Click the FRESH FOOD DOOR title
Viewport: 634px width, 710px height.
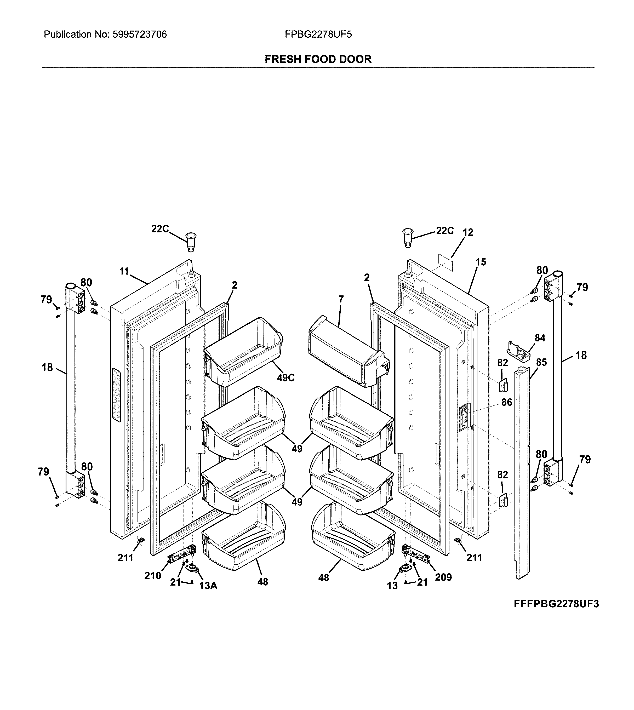(318, 59)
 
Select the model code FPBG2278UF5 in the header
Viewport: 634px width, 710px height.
(318, 35)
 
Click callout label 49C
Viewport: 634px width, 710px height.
(286, 378)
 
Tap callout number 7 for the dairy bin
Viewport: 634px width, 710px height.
(341, 299)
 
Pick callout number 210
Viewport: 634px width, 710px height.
(153, 576)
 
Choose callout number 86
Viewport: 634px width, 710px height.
(506, 402)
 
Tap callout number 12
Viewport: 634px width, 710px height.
(468, 232)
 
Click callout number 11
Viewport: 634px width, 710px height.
(124, 271)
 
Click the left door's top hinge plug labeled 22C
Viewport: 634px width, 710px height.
(191, 241)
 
